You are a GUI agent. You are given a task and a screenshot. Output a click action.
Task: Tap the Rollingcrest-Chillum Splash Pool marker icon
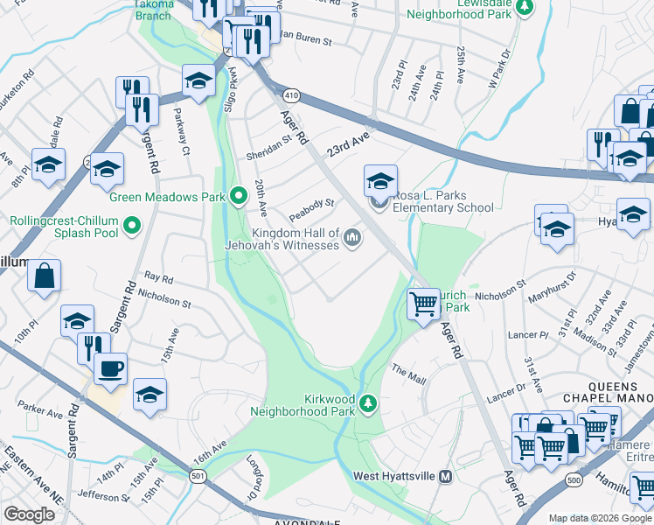[x=132, y=227]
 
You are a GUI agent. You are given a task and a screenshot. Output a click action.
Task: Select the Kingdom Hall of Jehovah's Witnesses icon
[x=352, y=238]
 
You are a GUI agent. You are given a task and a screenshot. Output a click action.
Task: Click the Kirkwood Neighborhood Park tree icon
[x=369, y=402]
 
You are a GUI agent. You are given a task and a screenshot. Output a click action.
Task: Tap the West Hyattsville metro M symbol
[x=446, y=477]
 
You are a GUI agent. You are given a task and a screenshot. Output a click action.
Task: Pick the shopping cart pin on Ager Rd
[x=424, y=304]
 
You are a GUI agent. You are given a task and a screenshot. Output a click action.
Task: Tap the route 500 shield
[x=574, y=480]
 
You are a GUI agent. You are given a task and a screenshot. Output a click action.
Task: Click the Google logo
[x=29, y=514]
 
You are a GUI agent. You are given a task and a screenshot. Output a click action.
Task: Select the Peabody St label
[x=312, y=204]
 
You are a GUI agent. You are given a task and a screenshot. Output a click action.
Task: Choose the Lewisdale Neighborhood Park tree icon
[x=524, y=8]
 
